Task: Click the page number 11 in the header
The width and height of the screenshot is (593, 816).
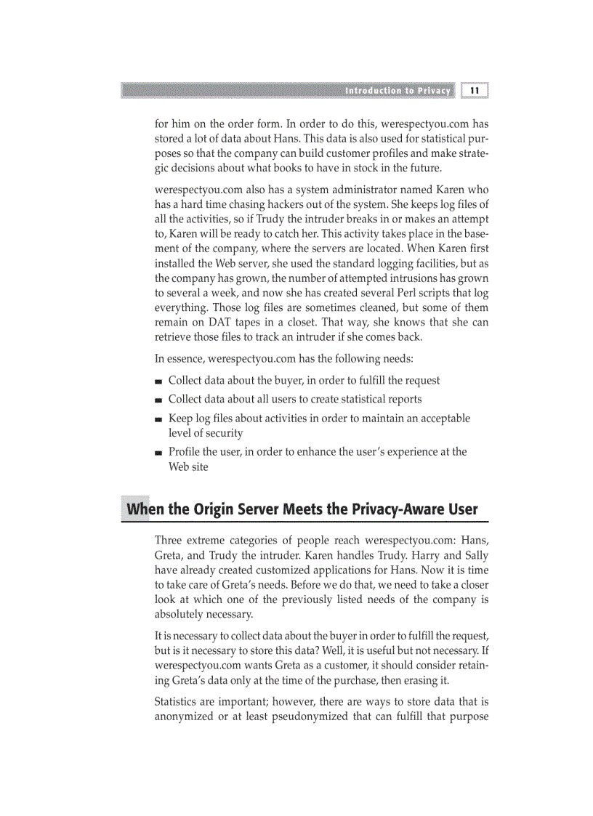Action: click(x=474, y=91)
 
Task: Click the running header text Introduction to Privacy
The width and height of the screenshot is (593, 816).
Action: click(x=398, y=91)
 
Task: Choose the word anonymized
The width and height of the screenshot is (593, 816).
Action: click(x=187, y=717)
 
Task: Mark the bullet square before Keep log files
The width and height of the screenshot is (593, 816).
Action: click(x=158, y=419)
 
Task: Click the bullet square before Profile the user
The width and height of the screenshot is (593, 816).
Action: click(x=158, y=453)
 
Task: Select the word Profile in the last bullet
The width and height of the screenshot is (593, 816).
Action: click(x=185, y=452)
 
